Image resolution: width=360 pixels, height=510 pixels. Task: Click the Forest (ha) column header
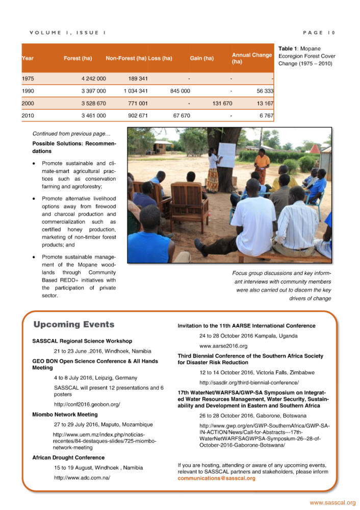pos(78,58)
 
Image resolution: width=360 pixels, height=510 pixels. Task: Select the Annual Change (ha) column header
pos(252,58)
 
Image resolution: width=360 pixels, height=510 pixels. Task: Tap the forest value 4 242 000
pos(93,79)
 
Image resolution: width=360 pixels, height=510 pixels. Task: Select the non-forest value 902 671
pos(138,116)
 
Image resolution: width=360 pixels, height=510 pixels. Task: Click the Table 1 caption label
pos(289,48)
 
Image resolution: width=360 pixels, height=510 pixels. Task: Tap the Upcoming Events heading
pos(74,324)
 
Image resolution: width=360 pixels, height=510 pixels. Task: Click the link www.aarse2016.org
pos(223,346)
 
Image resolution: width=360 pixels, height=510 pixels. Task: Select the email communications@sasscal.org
pos(216,478)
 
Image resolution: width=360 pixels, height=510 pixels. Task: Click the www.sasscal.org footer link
pos(332,502)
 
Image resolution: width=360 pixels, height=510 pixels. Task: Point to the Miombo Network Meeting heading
pos(65,415)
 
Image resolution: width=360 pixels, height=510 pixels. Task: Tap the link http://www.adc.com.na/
pos(82,477)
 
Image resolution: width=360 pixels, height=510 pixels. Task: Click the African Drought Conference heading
pos(68,457)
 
